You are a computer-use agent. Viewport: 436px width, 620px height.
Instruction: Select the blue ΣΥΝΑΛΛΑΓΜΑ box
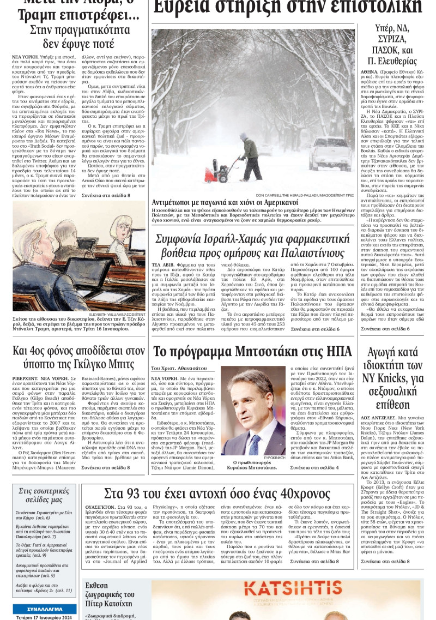click(x=45, y=609)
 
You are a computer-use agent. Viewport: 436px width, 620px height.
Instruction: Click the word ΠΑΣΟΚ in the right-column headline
click(x=383, y=51)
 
